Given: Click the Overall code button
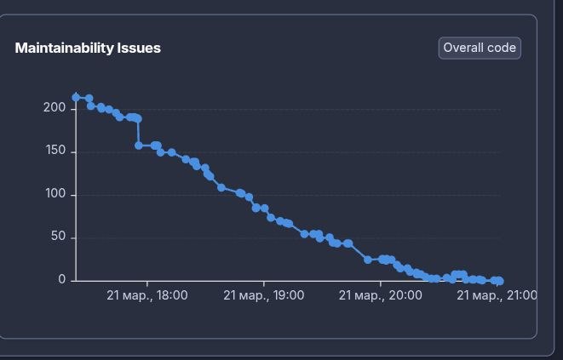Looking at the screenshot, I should [x=480, y=49].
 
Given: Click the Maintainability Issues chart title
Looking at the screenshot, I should [x=88, y=49].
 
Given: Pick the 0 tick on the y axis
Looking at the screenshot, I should [x=62, y=280].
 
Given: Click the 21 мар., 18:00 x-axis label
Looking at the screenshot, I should [x=147, y=295].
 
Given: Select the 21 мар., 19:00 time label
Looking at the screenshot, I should [x=264, y=295].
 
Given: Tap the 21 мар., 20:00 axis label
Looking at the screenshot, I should [x=381, y=295].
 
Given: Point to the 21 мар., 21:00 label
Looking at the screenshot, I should [x=497, y=295].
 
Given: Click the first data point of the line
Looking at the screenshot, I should [x=76, y=97].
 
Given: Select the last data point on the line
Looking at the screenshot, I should [x=500, y=281].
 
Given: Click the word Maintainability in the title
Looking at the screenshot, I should [x=64, y=49].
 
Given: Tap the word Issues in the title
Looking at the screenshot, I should [x=138, y=49].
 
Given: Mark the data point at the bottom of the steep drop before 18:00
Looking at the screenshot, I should [x=138, y=146].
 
